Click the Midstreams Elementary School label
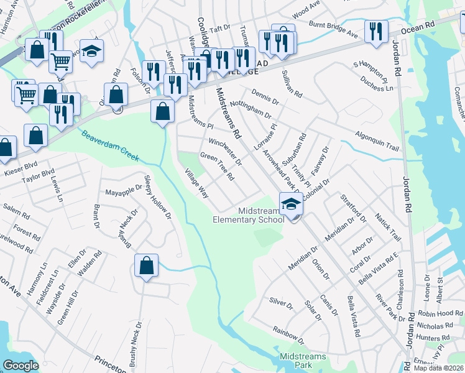click(249, 214)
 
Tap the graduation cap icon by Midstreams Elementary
click(290, 201)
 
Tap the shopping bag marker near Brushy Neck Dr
click(146, 265)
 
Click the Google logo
click(21, 366)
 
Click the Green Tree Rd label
click(216, 166)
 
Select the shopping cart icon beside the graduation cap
click(60, 61)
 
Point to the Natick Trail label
click(388, 227)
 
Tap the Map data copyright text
click(439, 368)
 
